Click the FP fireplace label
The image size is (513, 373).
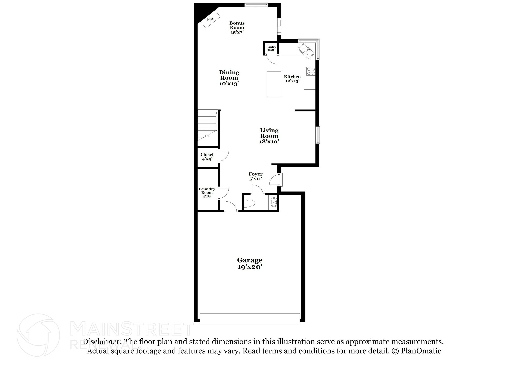[210, 19]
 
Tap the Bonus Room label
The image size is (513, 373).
[237, 28]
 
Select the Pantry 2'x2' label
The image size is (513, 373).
[271, 48]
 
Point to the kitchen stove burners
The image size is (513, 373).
[311, 71]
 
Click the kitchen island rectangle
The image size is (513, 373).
[274, 84]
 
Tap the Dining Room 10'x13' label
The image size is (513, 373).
[229, 78]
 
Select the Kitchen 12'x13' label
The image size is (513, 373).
[292, 79]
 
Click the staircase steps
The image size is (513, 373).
[207, 127]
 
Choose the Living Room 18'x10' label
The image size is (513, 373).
[269, 136]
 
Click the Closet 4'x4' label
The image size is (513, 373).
[207, 157]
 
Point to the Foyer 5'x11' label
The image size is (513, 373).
[255, 176]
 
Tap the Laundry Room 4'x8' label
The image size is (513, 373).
[207, 192]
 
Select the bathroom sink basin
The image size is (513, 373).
[274, 202]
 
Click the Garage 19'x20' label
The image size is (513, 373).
[250, 263]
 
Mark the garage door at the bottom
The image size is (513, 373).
[250, 319]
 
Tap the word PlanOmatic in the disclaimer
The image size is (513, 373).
[421, 351]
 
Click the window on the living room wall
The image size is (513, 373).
[318, 135]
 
